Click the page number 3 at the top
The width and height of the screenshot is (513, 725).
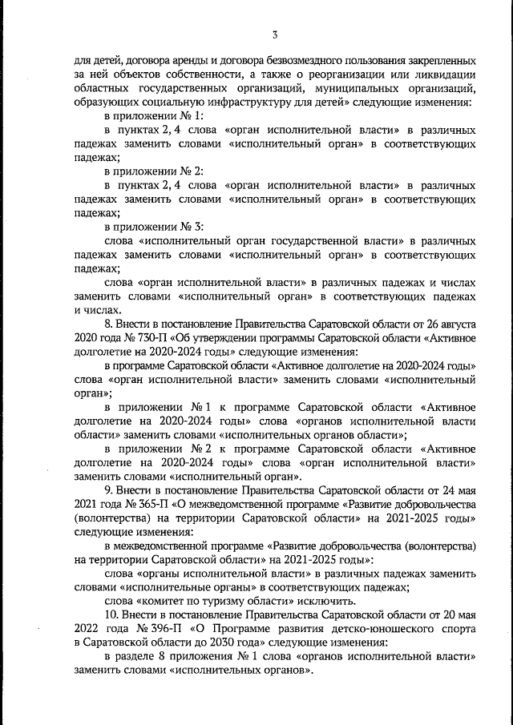tap(274, 34)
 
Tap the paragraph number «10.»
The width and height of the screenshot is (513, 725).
tap(114, 614)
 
